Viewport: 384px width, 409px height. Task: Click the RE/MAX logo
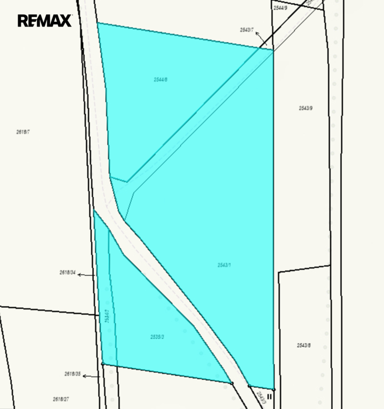click(44, 21)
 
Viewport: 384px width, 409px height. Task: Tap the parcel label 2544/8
click(161, 79)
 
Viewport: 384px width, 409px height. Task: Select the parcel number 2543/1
click(224, 265)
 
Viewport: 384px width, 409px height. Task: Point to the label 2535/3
click(157, 337)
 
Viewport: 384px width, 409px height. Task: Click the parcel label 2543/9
click(306, 108)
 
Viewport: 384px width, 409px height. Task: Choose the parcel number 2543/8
click(304, 345)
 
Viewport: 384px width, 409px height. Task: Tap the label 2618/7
click(23, 131)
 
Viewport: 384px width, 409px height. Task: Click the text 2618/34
click(67, 273)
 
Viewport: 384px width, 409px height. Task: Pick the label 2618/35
click(72, 374)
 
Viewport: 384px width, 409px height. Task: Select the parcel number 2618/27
click(61, 399)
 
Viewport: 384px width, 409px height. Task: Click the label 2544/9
click(280, 8)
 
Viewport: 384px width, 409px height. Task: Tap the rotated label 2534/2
click(107, 316)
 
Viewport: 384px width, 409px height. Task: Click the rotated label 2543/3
click(260, 397)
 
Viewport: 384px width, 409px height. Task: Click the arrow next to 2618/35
click(91, 376)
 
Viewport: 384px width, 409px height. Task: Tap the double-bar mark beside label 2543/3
click(270, 397)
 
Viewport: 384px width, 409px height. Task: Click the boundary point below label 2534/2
click(102, 363)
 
